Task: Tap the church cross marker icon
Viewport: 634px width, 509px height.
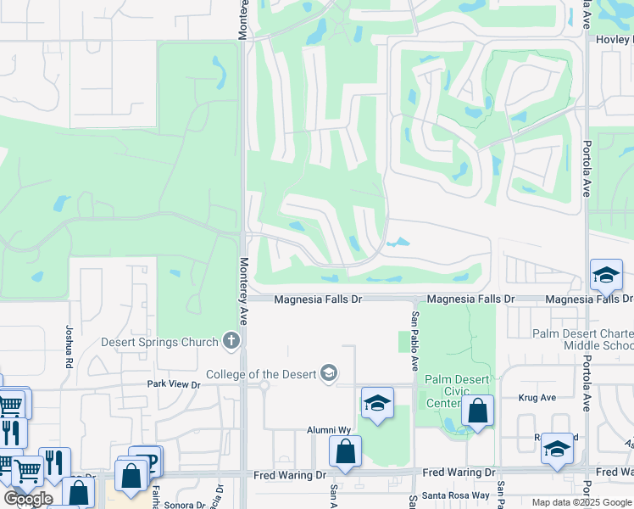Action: tap(230, 341)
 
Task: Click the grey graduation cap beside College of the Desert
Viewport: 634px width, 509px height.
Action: tap(328, 373)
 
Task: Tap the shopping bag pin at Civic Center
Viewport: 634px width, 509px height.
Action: tap(478, 411)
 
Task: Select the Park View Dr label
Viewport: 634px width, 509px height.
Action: tap(173, 384)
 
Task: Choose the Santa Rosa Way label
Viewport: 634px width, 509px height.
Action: tap(458, 495)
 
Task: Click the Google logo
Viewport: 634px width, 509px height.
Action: tap(28, 499)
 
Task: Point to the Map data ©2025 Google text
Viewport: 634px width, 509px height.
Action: tap(581, 502)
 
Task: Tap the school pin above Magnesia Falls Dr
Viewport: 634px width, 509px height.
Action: tap(607, 275)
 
